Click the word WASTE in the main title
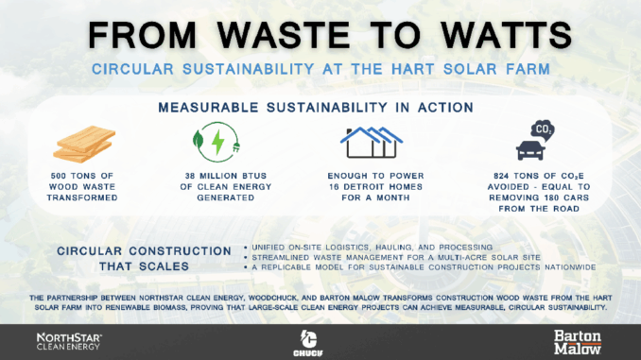click(284, 35)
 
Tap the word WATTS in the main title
click(506, 35)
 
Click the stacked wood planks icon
click(84, 144)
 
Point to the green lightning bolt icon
click(217, 142)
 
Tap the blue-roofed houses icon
click(372, 142)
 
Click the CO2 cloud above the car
click(543, 130)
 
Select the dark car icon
click(530, 150)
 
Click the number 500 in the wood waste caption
click(59, 176)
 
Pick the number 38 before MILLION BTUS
click(190, 176)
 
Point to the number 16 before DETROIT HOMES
click(335, 187)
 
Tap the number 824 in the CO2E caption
click(501, 176)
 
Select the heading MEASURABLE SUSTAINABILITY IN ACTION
click(316, 108)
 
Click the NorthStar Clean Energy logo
click(69, 342)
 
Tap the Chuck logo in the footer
click(308, 343)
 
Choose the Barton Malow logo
click(578, 342)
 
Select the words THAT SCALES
click(144, 266)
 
